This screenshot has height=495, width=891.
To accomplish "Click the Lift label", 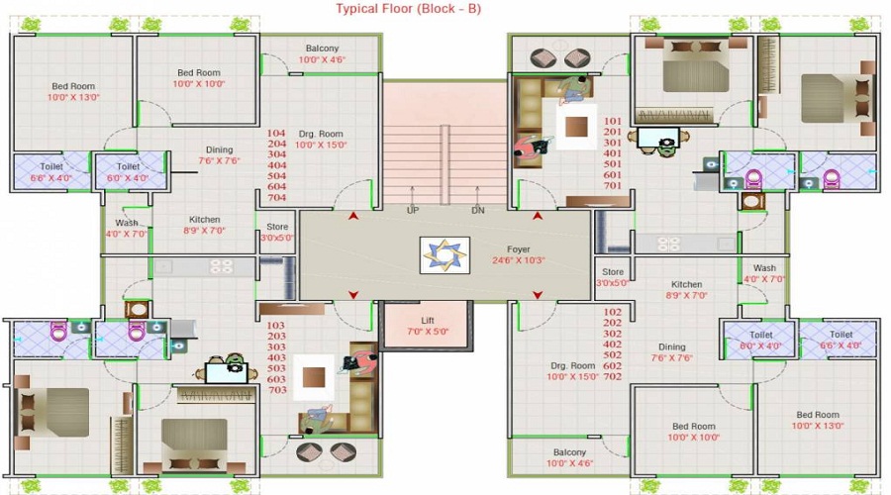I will (428, 320).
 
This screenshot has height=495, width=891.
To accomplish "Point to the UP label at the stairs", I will (412, 210).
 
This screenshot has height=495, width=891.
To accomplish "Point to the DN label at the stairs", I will (477, 210).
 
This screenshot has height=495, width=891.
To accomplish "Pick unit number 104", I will (276, 133).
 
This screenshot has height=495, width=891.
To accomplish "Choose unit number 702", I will (612, 377).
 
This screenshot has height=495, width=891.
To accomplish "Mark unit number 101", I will (612, 121).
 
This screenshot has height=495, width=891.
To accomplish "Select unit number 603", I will (276, 379).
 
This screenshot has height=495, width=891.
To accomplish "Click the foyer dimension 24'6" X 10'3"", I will (518, 261).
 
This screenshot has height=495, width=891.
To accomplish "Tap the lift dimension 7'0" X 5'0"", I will (428, 332).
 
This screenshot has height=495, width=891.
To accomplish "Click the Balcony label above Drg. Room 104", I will (321, 48).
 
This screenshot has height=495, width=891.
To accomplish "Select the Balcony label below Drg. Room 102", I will (569, 451).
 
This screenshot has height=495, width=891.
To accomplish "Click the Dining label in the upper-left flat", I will (219, 149).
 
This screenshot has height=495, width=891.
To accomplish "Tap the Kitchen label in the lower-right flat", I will (686, 284).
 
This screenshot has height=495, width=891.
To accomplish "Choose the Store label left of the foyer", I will (277, 227).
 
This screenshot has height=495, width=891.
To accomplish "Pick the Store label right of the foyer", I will (613, 271).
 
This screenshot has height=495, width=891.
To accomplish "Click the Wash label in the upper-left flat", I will (126, 223).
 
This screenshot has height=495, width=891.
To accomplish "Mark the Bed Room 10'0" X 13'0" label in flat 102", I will (817, 415).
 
